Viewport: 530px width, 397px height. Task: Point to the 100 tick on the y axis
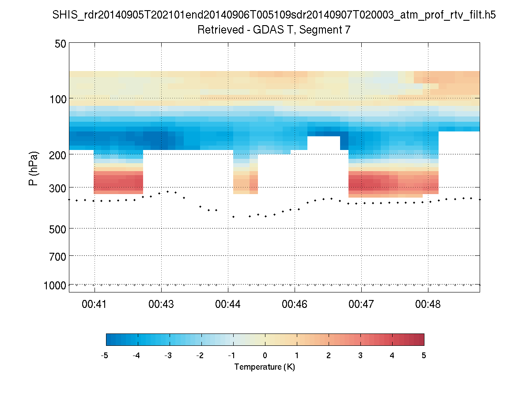pos(58,98)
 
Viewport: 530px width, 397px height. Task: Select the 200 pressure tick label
pos(58,154)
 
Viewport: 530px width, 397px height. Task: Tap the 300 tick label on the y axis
pos(58,187)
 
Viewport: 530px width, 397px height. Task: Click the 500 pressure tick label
pos(58,228)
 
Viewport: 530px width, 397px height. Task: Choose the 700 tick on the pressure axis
pos(58,256)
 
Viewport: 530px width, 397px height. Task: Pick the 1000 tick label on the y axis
pos(55,285)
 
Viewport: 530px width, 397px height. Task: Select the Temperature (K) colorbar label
pos(265,367)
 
